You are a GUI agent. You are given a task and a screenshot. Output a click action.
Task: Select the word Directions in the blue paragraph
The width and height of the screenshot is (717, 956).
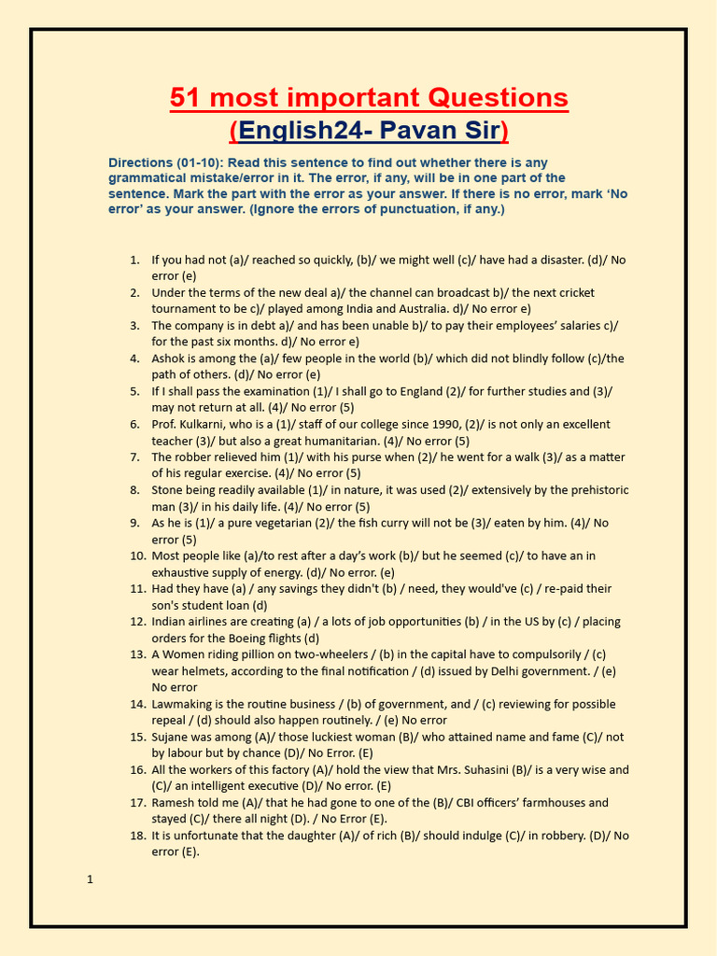140,162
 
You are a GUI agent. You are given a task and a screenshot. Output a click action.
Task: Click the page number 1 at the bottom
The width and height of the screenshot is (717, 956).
90,879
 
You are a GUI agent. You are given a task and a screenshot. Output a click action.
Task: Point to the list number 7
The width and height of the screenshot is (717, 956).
134,457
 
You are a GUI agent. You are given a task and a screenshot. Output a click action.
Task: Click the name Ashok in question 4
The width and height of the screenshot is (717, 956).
169,358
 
